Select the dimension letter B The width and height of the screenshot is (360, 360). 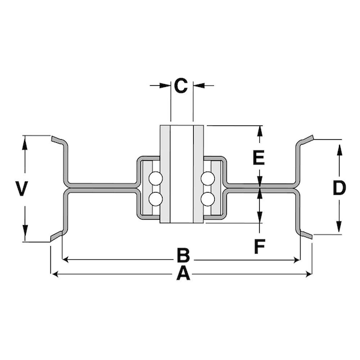[x=184, y=256]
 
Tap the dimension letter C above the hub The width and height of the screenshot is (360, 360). [x=181, y=85]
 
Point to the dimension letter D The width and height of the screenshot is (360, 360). [x=339, y=188]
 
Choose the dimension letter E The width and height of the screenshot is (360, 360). [x=258, y=158]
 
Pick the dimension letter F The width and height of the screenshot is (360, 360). [x=258, y=246]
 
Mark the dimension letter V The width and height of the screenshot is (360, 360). [x=21, y=190]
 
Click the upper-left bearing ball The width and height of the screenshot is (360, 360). [x=155, y=178]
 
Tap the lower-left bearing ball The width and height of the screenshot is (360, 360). [x=155, y=198]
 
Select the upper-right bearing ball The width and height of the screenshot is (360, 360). [x=208, y=178]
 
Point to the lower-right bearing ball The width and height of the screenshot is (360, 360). [x=208, y=198]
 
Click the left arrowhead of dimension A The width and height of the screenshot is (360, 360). [x=55, y=275]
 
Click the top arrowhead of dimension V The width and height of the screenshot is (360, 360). [x=26, y=142]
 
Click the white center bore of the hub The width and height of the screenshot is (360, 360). [x=182, y=174]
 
